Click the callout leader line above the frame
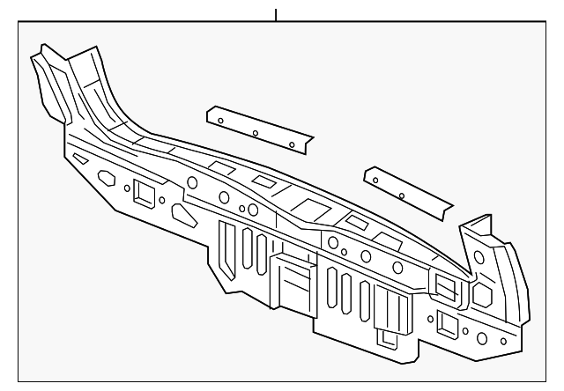[276, 15]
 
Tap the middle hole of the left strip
[254, 134]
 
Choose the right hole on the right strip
[402, 194]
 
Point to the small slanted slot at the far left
[79, 159]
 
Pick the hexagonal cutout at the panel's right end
[484, 291]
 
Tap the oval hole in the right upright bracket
[479, 257]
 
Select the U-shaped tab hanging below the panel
[388, 336]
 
